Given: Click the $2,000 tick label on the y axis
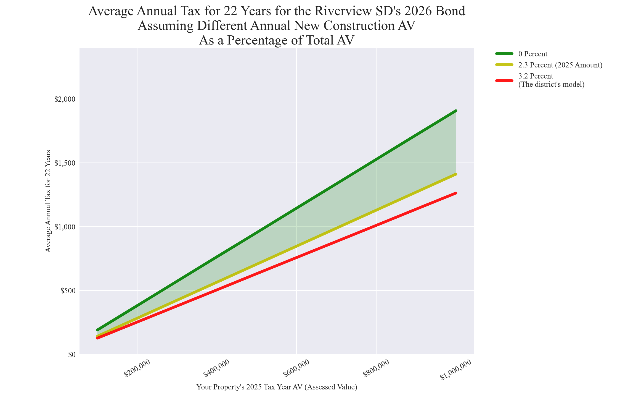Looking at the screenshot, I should coord(65,99).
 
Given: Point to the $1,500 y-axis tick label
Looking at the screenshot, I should coord(65,163).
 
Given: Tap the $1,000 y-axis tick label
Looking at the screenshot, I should coord(65,227).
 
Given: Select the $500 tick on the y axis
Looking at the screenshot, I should coord(68,291).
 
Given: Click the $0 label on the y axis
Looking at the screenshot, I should coord(71,355).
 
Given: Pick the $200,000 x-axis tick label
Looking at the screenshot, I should coord(137,368).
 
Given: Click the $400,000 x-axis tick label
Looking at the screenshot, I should coord(216,368).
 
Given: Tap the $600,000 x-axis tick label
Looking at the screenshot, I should coord(296,368).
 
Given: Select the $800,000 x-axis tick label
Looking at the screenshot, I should coord(376,368).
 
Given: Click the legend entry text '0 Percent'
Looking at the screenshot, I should coord(533,54).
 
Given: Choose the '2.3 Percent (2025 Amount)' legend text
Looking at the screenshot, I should coord(560,65).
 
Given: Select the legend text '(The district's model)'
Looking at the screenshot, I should coord(551,85).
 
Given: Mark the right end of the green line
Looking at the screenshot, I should coord(456,111).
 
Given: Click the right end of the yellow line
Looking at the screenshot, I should coord(456,174).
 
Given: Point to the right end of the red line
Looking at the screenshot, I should coord(456,193).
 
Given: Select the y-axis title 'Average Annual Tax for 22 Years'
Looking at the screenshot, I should coord(48,201).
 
